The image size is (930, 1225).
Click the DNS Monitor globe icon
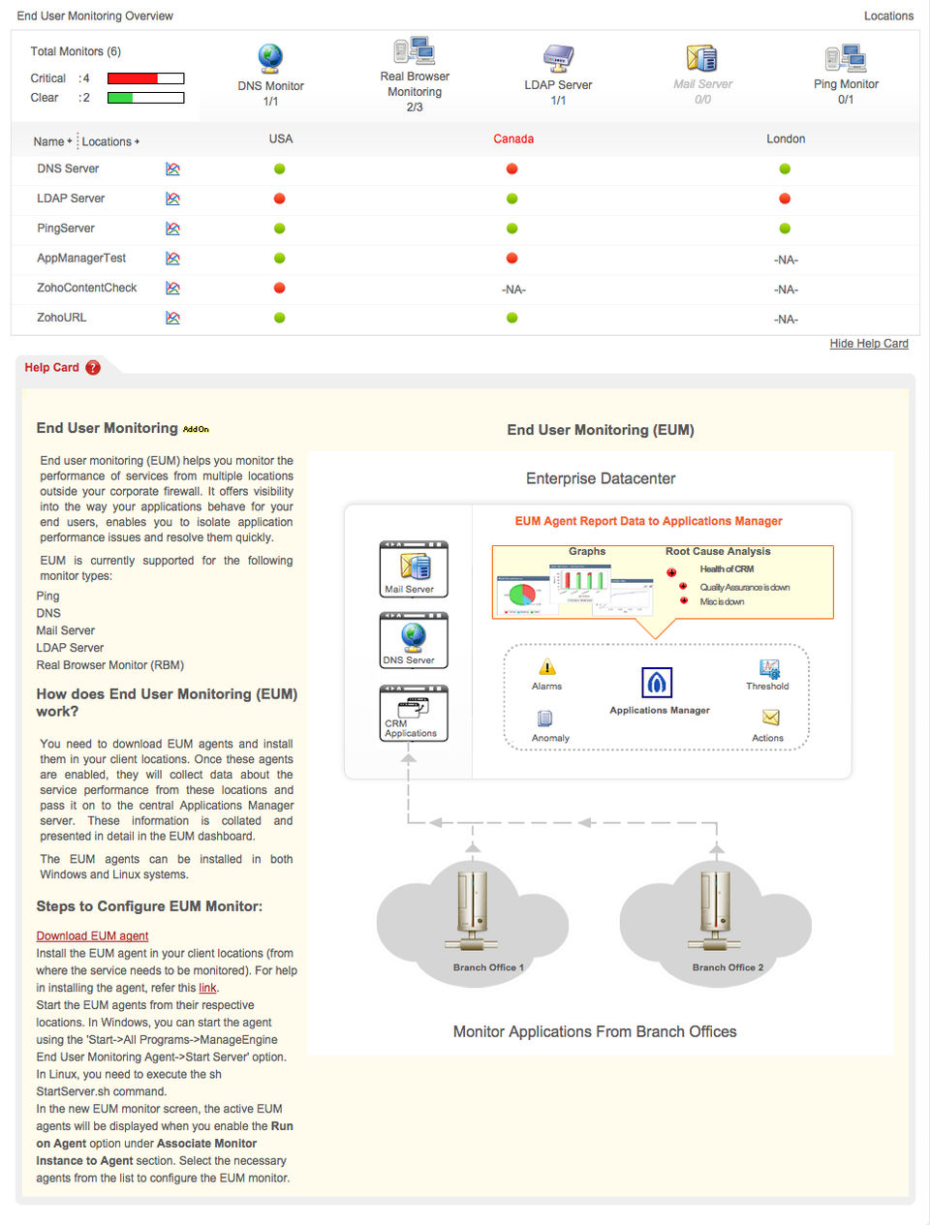click(x=270, y=58)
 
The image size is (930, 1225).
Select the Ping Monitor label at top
click(x=846, y=84)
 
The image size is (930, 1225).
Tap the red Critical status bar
click(x=133, y=78)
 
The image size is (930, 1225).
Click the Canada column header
click(x=513, y=139)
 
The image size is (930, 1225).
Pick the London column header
click(x=786, y=139)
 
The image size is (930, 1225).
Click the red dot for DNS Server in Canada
click(x=511, y=168)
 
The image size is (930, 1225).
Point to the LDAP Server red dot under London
click(x=785, y=199)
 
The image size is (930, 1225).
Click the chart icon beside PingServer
click(x=172, y=229)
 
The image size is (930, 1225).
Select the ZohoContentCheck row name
click(x=87, y=288)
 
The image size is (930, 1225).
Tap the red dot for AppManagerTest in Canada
click(x=511, y=259)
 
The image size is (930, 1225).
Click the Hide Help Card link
click(x=869, y=344)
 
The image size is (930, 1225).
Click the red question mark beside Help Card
click(x=93, y=368)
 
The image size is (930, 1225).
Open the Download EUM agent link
click(x=92, y=936)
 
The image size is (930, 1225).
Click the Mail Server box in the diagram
click(x=414, y=569)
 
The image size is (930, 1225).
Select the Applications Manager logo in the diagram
click(x=657, y=683)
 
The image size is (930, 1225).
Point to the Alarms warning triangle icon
click(x=546, y=667)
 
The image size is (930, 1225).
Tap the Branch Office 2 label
click(x=728, y=967)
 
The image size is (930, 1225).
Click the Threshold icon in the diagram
click(x=769, y=668)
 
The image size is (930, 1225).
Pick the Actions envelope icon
click(x=770, y=718)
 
